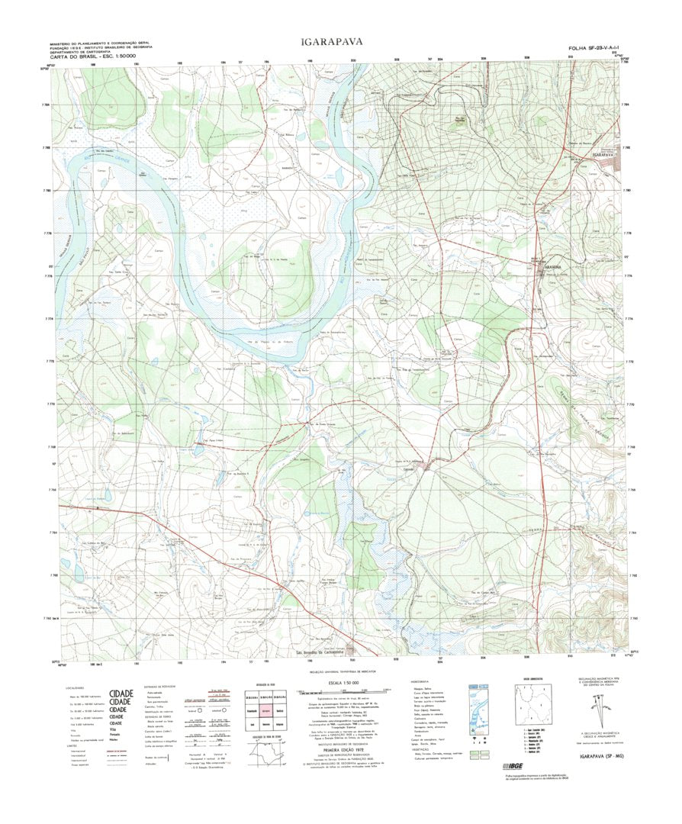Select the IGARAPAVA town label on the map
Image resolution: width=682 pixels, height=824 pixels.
click(602, 155)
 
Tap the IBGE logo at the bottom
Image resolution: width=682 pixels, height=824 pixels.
click(487, 766)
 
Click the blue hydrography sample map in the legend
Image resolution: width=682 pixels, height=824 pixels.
click(478, 708)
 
